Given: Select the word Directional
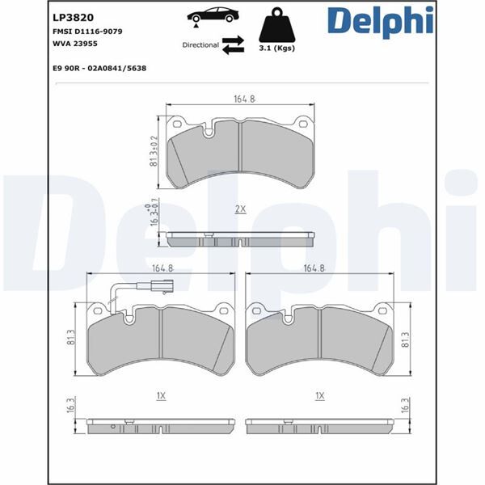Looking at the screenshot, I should point(200,45).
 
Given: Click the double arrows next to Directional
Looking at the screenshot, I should point(233,45).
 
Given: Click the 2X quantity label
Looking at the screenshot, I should point(240,209).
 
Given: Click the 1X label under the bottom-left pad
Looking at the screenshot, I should point(161,396).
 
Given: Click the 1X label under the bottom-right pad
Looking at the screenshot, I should point(320,396).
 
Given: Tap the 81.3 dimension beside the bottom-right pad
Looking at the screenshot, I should point(405,339).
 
